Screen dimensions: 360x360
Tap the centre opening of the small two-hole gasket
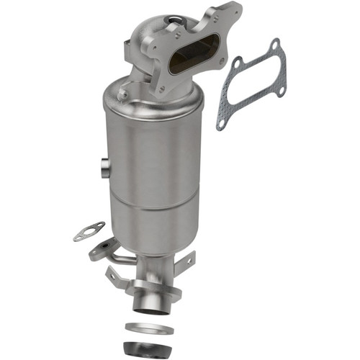coord(87,232)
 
